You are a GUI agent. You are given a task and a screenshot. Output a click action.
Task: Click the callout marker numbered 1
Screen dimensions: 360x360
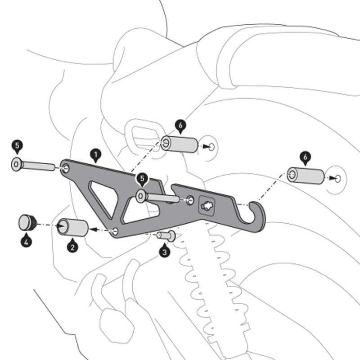[x=95, y=155]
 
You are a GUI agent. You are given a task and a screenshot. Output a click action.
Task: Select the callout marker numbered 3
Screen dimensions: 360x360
[x=165, y=252]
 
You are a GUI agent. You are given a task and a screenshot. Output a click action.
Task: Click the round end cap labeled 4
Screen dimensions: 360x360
[x=27, y=223]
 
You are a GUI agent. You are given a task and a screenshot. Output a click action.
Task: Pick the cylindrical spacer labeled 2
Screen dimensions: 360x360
[x=73, y=227]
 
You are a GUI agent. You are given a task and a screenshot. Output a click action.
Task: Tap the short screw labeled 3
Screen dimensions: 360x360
[x=166, y=235]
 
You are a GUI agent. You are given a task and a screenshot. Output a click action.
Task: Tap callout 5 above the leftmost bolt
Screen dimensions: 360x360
[x=17, y=145]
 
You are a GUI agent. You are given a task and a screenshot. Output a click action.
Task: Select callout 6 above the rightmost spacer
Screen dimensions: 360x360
[x=305, y=157]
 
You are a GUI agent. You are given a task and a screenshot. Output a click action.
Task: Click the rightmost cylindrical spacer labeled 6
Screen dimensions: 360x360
[x=306, y=175]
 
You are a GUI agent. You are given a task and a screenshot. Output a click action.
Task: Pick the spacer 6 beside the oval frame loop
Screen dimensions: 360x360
[x=180, y=144]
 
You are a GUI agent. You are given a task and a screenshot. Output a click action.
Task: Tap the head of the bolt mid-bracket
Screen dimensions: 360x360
[x=141, y=195]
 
